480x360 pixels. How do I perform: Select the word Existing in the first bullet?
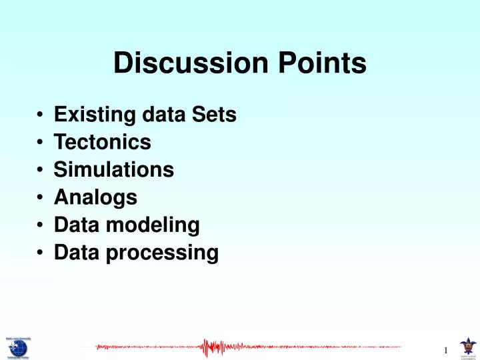point(97,115)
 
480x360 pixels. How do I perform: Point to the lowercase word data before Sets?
point(167,115)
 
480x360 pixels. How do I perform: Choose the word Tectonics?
point(103,143)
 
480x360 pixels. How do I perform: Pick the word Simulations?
point(114,170)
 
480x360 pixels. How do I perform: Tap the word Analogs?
point(95,197)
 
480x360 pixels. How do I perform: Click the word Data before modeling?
point(75,225)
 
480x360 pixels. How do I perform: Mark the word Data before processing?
point(75,253)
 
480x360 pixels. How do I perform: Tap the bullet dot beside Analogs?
point(41,199)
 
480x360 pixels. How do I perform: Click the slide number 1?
point(445,351)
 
